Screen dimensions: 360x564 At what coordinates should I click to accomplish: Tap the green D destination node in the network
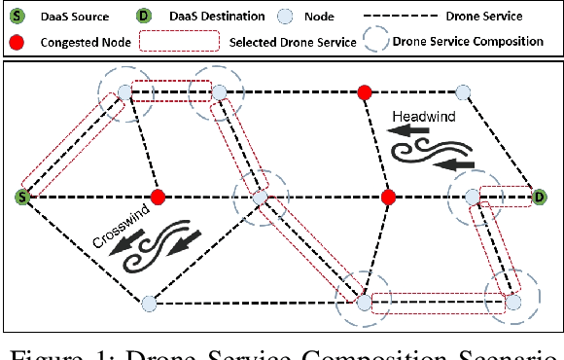[x=539, y=198]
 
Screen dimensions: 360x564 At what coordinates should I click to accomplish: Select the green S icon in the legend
[x=13, y=15]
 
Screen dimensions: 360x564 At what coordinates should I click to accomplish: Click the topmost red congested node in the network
[x=365, y=92]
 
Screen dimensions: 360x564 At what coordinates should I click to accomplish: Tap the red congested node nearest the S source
[x=158, y=198]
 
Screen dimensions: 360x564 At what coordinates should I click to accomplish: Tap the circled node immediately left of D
[x=473, y=198]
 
